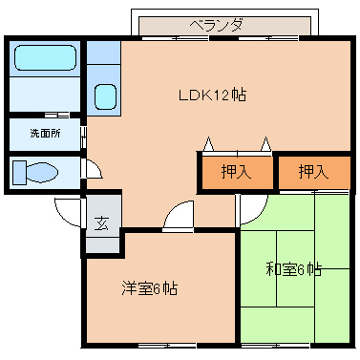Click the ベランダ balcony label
coord(215,24)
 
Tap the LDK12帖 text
coord(212,95)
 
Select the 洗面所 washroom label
coord(44,134)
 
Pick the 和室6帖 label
coord(293,270)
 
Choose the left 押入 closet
coord(235,173)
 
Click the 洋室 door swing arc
coord(178,218)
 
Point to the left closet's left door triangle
coord(207,145)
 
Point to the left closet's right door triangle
coord(265,145)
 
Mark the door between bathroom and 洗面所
coord(46,115)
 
